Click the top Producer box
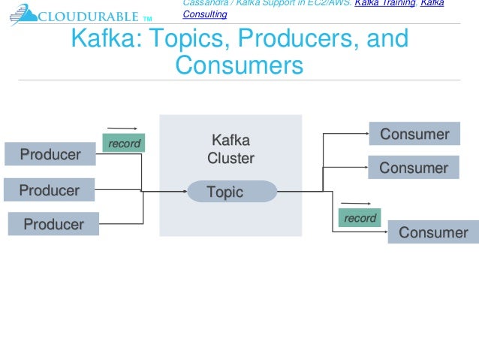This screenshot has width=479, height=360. (x=50, y=154)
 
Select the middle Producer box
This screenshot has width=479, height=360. (x=49, y=190)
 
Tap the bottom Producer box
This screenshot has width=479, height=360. (x=53, y=224)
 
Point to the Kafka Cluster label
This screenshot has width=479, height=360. (x=230, y=150)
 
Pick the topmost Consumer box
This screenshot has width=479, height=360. (x=414, y=135)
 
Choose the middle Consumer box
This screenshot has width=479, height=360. (x=413, y=168)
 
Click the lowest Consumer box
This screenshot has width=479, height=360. (x=433, y=232)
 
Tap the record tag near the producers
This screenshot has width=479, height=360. (x=124, y=143)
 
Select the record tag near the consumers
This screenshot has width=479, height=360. (x=360, y=218)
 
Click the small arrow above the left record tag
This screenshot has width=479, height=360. (x=122, y=129)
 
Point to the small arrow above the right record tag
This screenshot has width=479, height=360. (x=358, y=203)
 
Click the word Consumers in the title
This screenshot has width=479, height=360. (x=239, y=65)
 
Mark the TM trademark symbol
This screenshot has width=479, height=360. (x=147, y=18)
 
